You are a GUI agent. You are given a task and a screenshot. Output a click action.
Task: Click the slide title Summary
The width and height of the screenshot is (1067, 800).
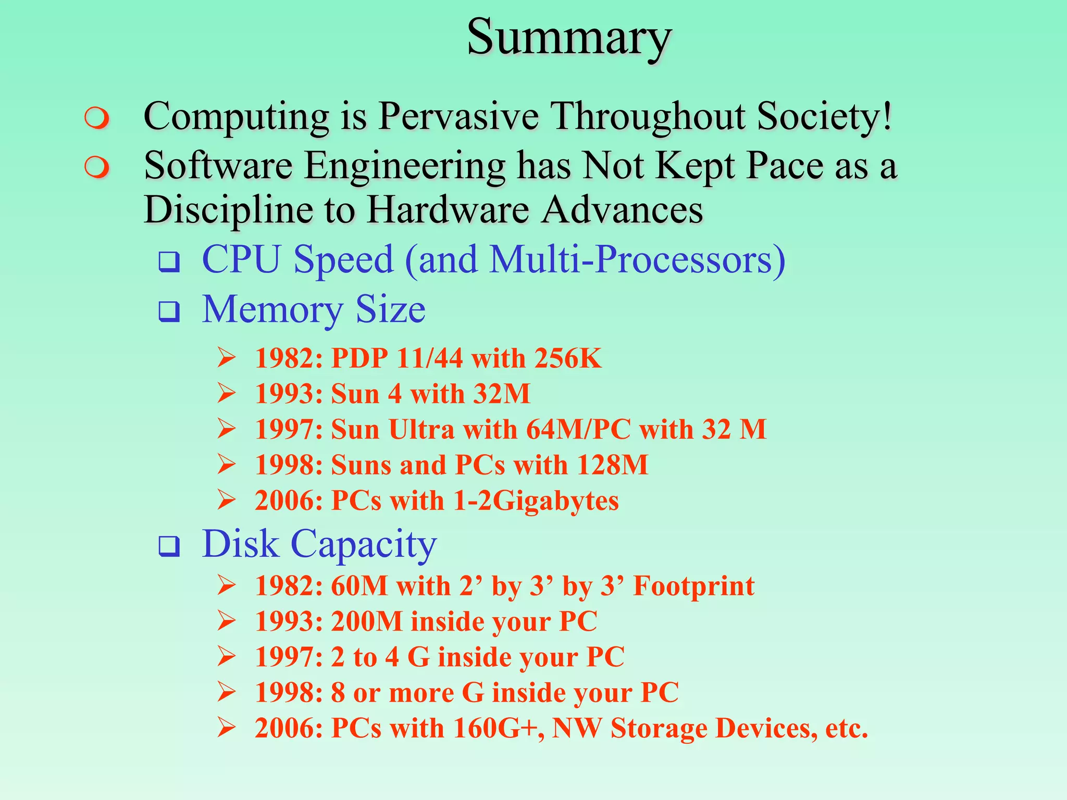[569, 37]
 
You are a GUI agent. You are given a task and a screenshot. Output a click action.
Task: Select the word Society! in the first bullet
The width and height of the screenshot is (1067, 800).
[825, 116]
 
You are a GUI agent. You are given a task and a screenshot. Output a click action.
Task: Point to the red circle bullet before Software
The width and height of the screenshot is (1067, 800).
[97, 168]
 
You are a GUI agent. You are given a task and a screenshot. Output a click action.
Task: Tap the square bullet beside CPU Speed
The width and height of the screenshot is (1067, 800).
[169, 262]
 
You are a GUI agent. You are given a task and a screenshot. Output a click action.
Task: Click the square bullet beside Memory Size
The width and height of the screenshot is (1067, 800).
[169, 311]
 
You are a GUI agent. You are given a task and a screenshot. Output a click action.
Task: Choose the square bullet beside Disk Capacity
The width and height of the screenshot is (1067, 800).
[169, 546]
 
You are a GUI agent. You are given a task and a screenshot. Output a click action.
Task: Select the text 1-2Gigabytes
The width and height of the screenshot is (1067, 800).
[536, 501]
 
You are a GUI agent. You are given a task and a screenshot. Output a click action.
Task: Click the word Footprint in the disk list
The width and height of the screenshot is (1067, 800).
[693, 586]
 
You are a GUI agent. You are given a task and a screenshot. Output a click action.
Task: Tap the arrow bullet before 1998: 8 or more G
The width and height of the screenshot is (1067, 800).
[227, 692]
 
